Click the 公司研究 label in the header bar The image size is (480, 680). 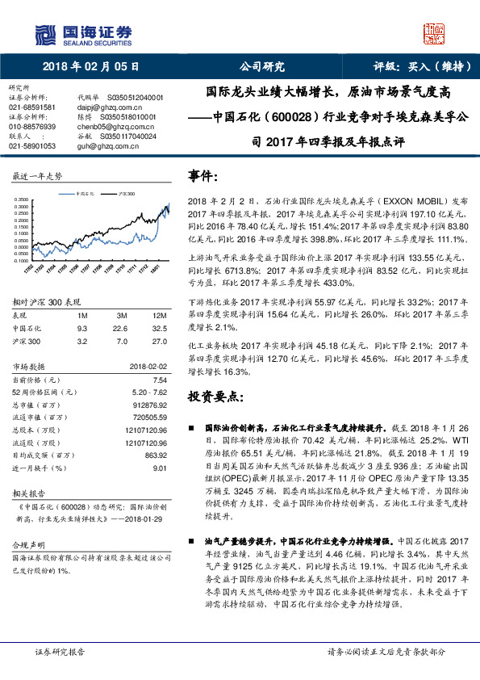(x=262, y=67)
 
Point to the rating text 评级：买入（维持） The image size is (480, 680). (x=417, y=67)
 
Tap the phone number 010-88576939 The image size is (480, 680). (x=32, y=127)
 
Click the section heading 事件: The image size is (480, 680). (x=203, y=175)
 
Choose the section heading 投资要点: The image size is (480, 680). (x=215, y=397)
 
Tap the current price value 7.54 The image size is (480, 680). (x=159, y=379)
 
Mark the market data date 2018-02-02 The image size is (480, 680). (x=147, y=366)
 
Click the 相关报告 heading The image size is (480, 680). (x=26, y=492)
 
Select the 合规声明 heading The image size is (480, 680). (x=26, y=545)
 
